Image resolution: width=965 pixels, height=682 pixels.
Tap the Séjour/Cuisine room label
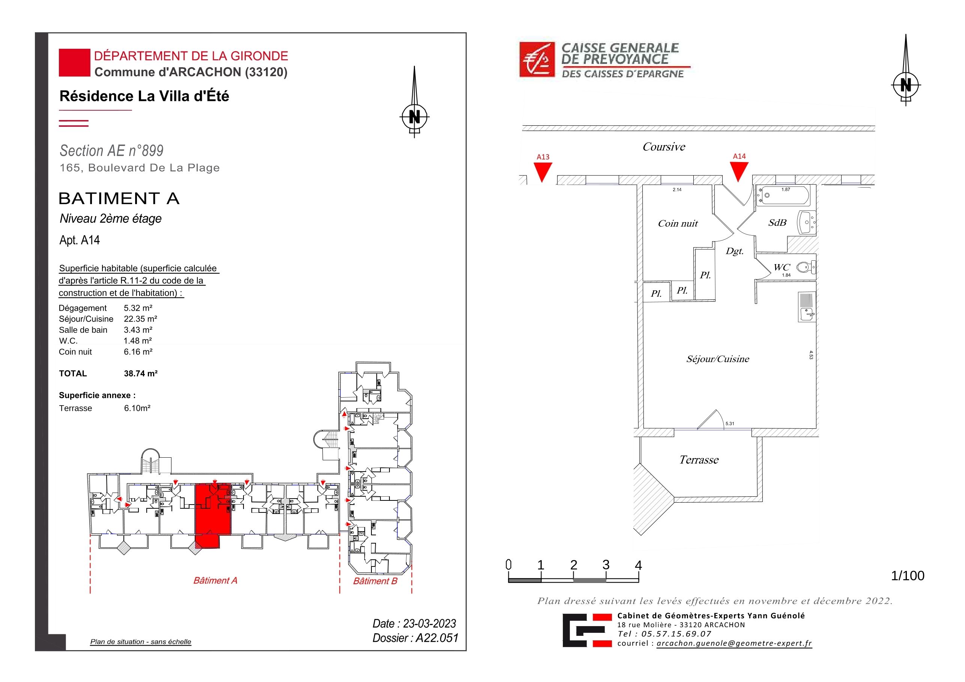[718, 359]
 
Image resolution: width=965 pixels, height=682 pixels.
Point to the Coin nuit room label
[678, 224]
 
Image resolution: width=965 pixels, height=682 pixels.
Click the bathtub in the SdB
[783, 195]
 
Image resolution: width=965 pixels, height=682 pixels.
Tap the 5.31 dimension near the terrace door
[730, 424]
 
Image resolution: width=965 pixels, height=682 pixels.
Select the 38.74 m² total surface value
[140, 374]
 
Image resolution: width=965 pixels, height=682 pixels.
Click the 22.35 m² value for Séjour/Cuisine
[140, 319]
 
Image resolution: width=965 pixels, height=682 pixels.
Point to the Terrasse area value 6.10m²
[137, 408]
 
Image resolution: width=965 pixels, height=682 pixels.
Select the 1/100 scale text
[908, 576]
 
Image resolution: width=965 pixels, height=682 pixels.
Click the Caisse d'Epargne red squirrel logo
[537, 59]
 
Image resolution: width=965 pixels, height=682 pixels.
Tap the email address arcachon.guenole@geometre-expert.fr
[734, 643]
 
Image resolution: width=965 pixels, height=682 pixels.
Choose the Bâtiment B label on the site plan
[375, 581]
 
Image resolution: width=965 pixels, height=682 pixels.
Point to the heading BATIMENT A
[119, 198]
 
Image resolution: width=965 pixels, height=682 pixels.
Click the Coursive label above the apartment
[664, 147]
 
